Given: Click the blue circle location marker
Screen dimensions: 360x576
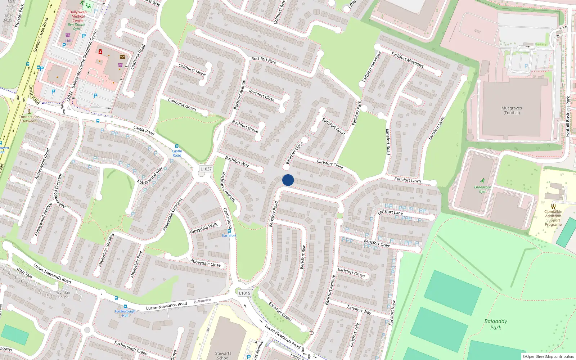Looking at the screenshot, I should tap(288, 180).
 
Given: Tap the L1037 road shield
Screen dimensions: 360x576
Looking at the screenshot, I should tap(206, 169).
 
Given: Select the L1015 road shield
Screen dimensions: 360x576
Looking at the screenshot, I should tap(244, 293).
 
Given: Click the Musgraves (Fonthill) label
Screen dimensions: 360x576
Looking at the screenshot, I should tap(512, 111).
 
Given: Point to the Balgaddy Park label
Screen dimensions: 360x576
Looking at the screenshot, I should tap(496, 324).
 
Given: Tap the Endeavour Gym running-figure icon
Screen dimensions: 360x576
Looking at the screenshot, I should tap(482, 181).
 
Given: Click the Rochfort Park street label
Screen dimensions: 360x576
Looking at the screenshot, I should tap(264, 60).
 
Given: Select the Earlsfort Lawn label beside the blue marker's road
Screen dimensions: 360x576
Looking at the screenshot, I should tap(407, 180).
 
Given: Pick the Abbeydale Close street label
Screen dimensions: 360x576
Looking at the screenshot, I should tap(205, 263).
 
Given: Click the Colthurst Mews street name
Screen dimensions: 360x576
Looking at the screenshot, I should tap(192, 69).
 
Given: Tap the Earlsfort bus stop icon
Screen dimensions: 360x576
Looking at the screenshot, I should tap(229, 231).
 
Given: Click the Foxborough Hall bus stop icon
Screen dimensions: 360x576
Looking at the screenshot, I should tap(125, 306).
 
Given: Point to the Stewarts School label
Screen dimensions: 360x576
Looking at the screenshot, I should tap(223, 355).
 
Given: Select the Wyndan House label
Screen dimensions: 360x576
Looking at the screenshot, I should tap(63, 294).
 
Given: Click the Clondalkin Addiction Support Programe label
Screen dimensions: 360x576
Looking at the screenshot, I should tap(553, 218).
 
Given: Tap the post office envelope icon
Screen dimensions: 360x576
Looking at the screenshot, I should tap(122, 57).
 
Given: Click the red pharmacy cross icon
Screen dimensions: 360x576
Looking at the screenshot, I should tap(100, 52).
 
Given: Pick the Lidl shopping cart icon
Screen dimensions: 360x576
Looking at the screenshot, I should tap(68, 35).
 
